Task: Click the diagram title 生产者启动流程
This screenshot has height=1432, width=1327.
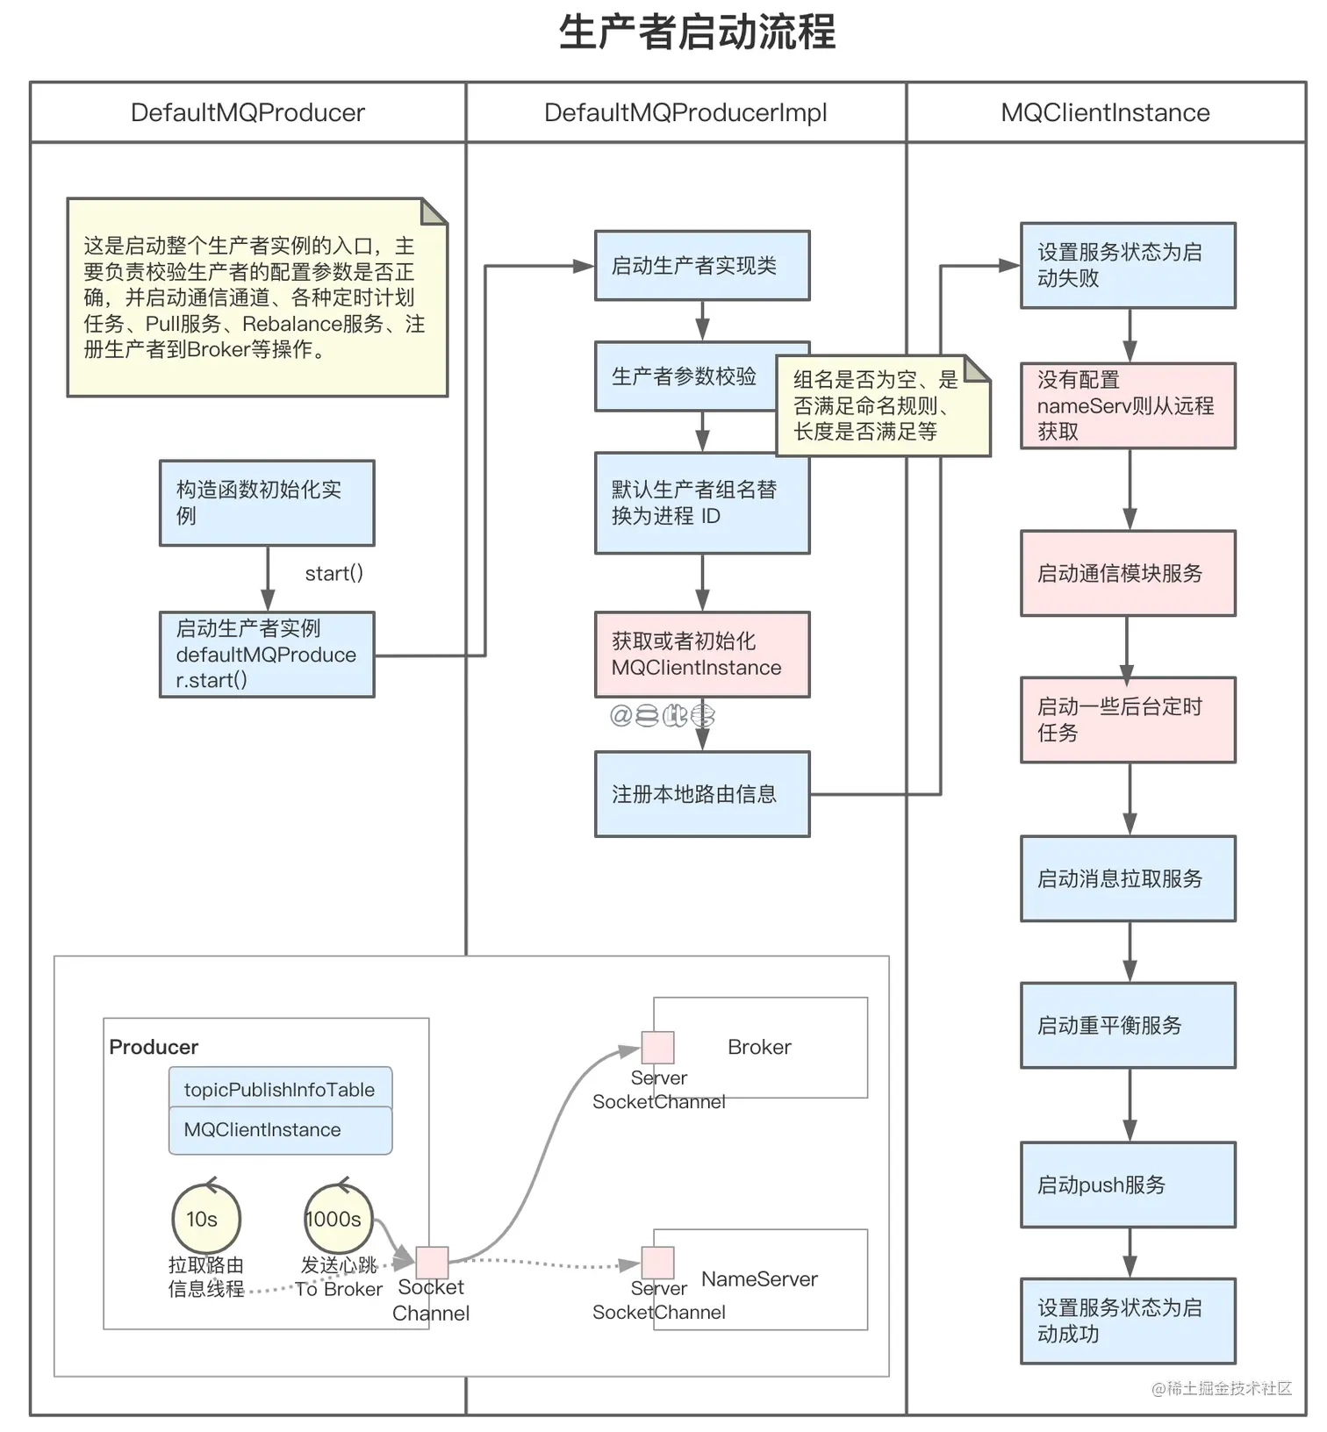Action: point(698,33)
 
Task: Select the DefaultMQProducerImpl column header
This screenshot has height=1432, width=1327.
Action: point(685,113)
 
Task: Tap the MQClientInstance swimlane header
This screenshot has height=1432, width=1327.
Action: point(1105,113)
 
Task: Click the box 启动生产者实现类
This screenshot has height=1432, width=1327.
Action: point(701,266)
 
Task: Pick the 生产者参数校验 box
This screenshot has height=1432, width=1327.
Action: point(685,376)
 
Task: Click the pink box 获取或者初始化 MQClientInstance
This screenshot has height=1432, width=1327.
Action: point(701,655)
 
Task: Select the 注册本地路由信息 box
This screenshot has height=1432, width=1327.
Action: point(701,794)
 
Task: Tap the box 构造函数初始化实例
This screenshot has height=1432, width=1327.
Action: point(267,503)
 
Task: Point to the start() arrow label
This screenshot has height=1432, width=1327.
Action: point(334,574)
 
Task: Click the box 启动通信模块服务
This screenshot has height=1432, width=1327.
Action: point(1128,573)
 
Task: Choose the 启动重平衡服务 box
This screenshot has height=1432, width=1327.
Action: point(1128,1025)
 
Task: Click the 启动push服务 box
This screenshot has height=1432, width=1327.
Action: point(1128,1185)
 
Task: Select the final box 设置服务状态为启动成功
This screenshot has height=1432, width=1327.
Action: point(1128,1321)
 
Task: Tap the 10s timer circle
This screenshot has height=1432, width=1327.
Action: point(205,1219)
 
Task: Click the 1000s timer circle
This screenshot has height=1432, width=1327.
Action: point(338,1219)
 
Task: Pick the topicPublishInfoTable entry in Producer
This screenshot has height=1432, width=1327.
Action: point(280,1089)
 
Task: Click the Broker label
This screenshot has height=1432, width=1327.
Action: point(759,1047)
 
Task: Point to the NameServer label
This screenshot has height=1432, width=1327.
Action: point(759,1279)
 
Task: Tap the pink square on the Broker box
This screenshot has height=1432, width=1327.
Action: point(657,1048)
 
